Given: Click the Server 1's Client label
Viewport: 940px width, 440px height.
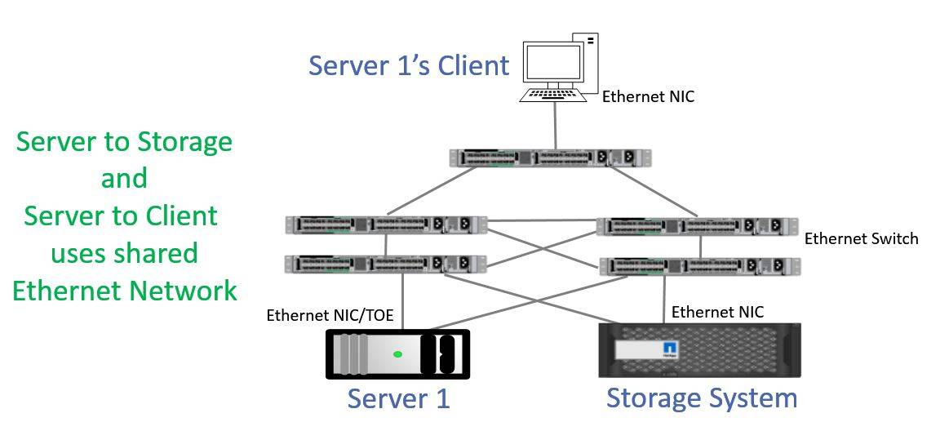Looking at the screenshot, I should point(408,65).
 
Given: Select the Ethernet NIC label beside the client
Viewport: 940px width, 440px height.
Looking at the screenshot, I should point(648,97).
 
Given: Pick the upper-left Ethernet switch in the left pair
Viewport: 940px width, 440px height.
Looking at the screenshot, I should point(386,224).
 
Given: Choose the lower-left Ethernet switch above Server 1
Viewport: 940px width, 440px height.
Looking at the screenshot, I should point(386,264).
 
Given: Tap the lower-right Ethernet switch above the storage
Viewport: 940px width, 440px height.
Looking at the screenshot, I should point(699,266).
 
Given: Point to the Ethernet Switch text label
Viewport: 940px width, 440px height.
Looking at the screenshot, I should point(861,239).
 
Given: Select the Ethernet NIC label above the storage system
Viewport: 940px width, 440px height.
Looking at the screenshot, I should point(716,312).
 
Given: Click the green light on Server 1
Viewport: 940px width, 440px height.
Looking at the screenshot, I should point(397,354).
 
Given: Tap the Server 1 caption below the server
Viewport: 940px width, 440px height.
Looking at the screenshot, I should point(398,399).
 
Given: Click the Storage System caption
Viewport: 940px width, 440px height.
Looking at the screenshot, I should point(701,398).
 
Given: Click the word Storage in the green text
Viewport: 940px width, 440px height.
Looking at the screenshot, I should point(184,141).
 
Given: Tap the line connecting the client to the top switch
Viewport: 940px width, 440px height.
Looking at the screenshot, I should point(556,126).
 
